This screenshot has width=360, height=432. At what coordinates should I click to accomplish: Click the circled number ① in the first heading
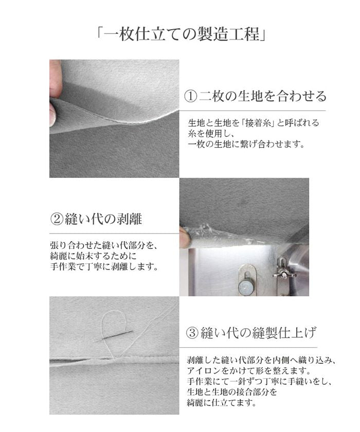(x=190, y=96)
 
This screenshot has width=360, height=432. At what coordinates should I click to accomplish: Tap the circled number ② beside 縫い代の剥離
(x=56, y=220)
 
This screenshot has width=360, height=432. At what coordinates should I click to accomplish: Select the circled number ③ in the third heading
(x=191, y=333)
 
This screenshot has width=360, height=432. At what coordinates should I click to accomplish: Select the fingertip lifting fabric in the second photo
(x=184, y=238)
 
